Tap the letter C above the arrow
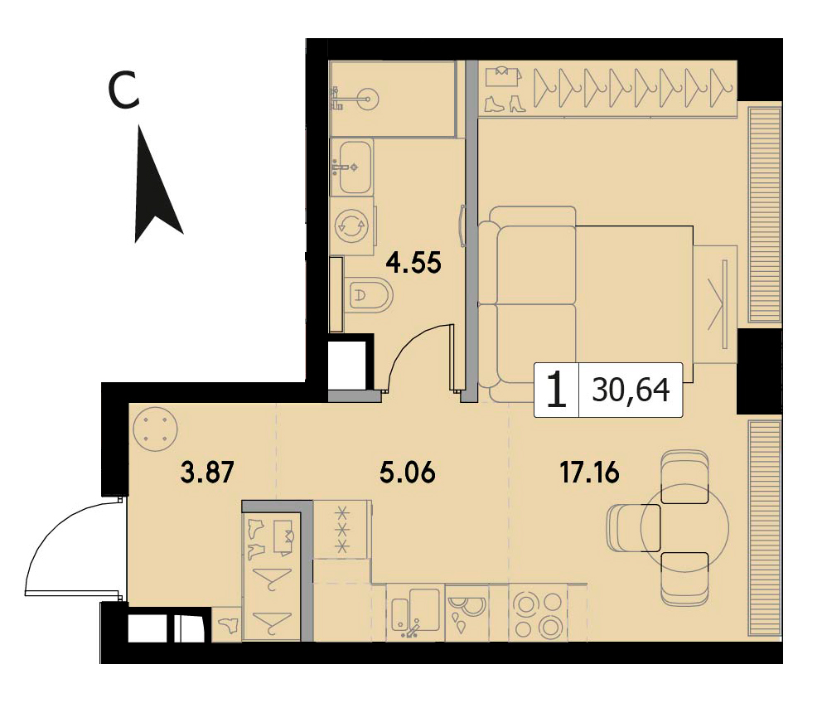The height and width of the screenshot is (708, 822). [x=123, y=90]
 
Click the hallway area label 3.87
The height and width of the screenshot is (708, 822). [x=206, y=472]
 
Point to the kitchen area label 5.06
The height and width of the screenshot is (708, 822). [x=408, y=472]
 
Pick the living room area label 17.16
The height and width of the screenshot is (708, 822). [x=590, y=472]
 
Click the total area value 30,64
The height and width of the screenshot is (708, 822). [x=631, y=390]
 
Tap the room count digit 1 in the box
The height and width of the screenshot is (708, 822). [x=556, y=390]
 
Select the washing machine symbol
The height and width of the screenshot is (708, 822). [x=352, y=226]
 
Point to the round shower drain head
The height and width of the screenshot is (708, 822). [x=367, y=98]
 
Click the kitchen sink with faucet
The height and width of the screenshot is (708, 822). [x=415, y=613]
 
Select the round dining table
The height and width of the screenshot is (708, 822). [x=684, y=527]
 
